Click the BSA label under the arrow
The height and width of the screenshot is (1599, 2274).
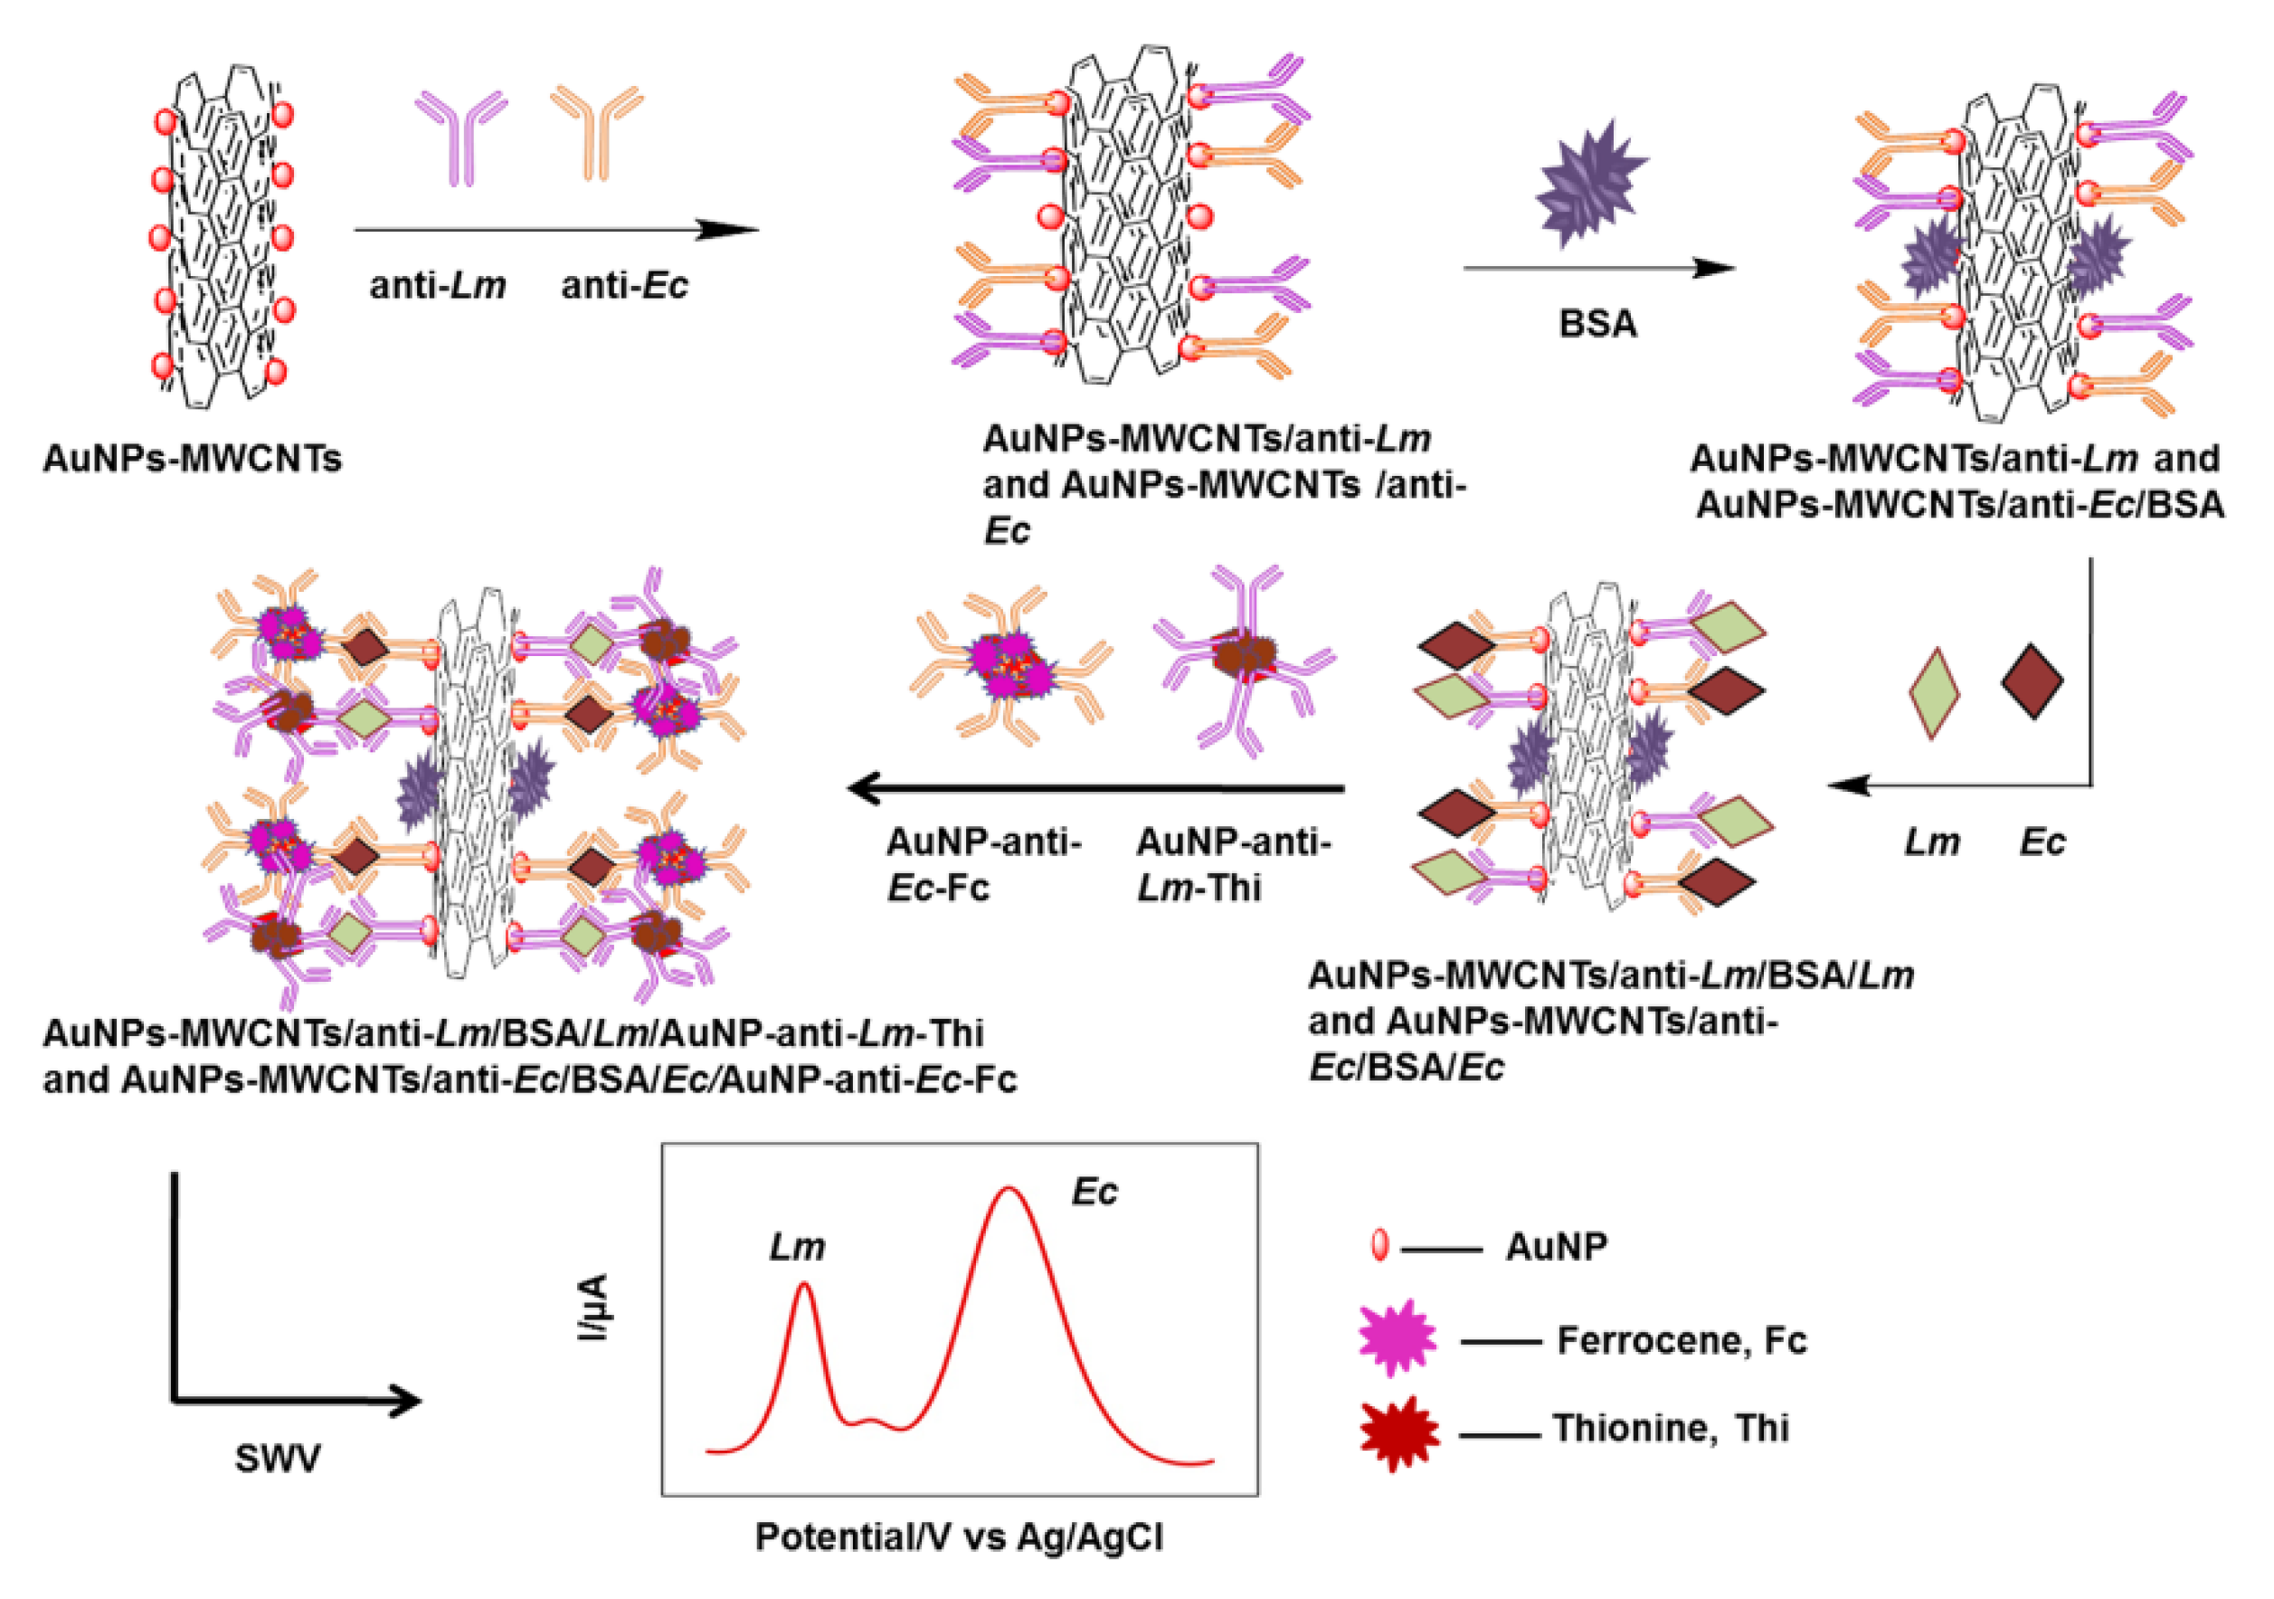[x=1597, y=324]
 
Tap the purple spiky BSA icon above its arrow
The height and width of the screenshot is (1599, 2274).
[x=1588, y=186]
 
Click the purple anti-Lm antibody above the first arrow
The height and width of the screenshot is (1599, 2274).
[x=461, y=137]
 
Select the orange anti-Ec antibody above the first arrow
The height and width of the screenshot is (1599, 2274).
[x=596, y=132]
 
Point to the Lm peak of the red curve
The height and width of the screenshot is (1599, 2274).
[x=804, y=1286]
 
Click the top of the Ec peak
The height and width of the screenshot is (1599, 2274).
[x=1009, y=1189]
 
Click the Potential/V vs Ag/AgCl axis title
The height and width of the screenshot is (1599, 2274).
[x=959, y=1537]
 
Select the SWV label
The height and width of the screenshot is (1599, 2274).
[x=278, y=1459]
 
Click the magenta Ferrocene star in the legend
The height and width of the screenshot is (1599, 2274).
[x=1397, y=1338]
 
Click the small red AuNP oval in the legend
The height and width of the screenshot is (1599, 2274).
[x=1378, y=1245]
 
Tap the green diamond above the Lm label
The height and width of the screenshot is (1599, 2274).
[x=1933, y=693]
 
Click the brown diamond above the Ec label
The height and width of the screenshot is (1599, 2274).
[x=2032, y=681]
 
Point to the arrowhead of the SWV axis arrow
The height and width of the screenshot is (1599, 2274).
[x=406, y=1401]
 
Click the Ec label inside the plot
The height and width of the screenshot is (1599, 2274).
[x=1094, y=1192]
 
